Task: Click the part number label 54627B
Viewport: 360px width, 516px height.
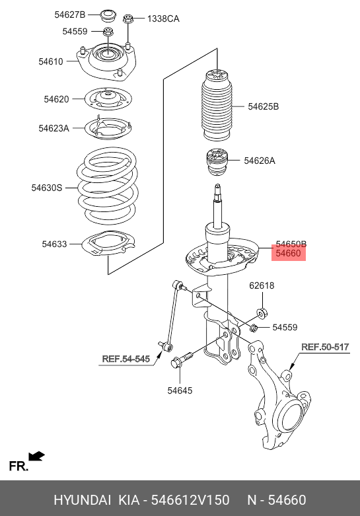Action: point(70,15)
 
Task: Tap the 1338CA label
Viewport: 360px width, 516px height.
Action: point(163,18)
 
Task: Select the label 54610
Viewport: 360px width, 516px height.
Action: point(51,61)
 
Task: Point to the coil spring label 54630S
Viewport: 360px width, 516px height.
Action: point(47,188)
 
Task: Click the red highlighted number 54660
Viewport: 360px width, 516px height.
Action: point(288,253)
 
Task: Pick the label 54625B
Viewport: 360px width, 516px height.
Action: point(264,106)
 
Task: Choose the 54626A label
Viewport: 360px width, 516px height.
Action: point(260,161)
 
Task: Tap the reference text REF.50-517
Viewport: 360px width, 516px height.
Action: point(325,347)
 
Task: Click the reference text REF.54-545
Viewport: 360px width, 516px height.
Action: point(126,359)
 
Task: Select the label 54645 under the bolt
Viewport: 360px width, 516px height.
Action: point(180,390)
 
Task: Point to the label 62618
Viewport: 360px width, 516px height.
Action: point(262,285)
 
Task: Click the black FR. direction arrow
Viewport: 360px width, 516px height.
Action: point(36,456)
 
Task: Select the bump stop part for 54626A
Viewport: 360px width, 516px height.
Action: point(217,163)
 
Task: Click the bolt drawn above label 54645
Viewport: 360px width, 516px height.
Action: point(182,359)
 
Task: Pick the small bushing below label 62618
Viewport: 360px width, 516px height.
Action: point(262,313)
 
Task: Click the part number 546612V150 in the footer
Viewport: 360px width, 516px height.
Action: point(190,500)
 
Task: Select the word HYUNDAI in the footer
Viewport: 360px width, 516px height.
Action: point(83,500)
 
